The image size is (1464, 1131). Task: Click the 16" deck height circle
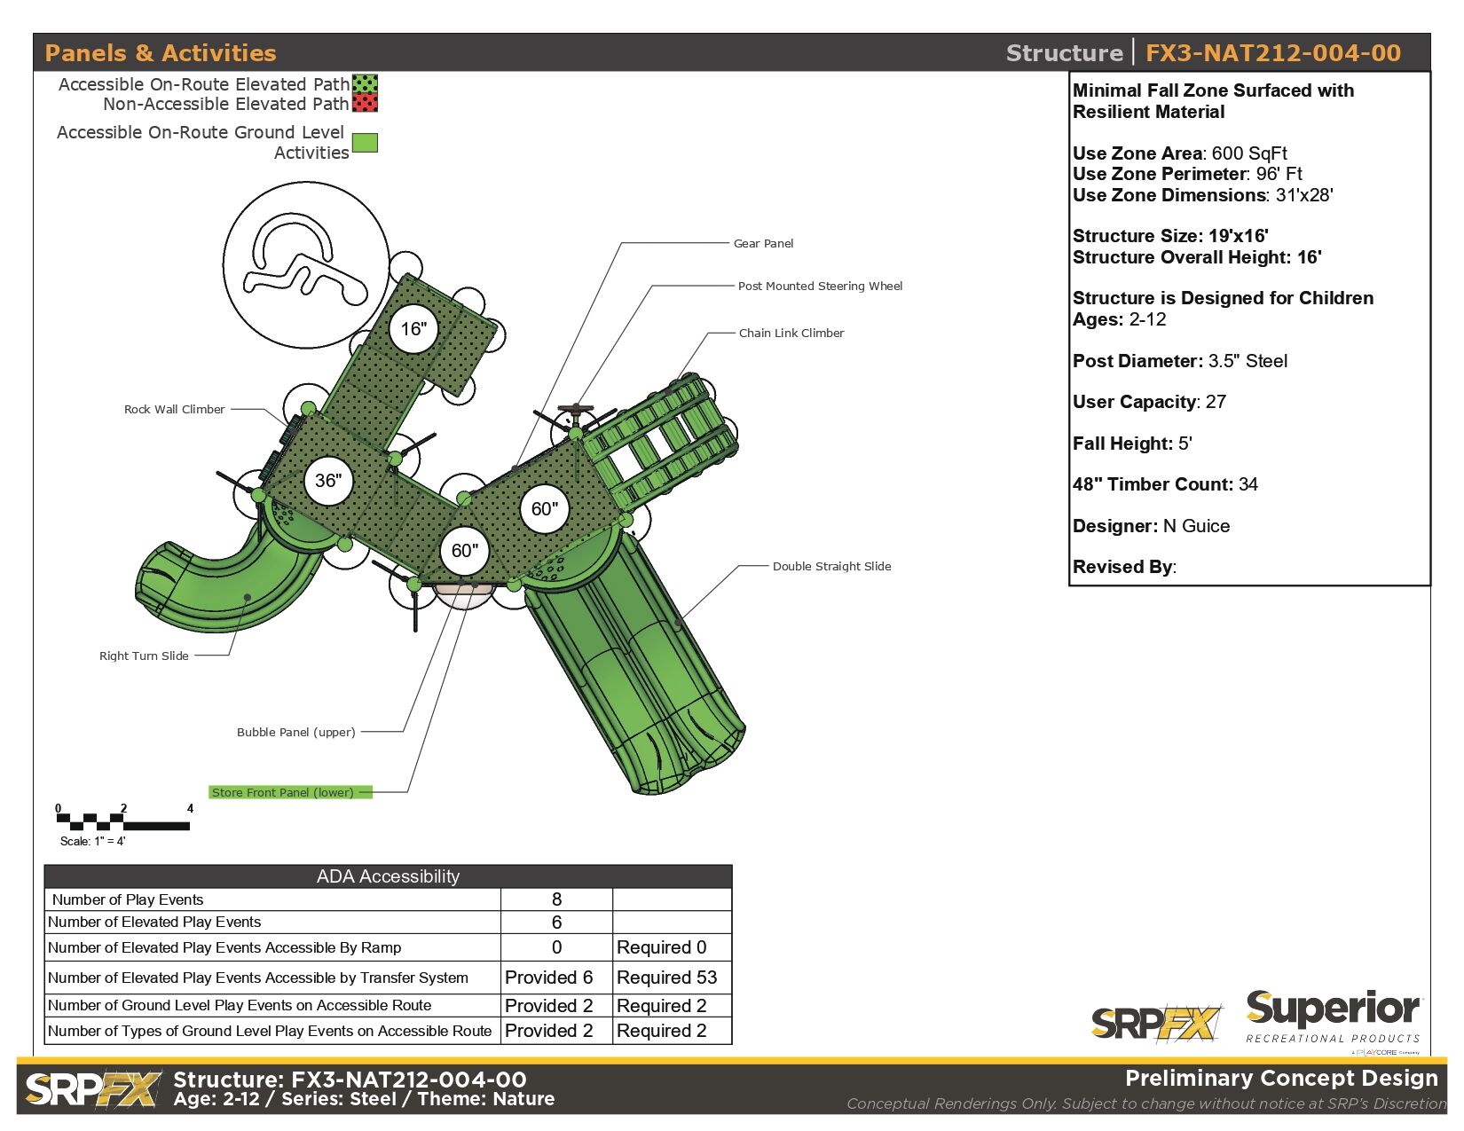pyautogui.click(x=413, y=329)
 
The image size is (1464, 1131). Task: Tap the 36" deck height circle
pyautogui.click(x=328, y=481)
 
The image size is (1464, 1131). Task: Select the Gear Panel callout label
pyautogui.click(x=763, y=243)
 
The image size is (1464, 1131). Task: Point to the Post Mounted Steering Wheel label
pyautogui.click(x=820, y=286)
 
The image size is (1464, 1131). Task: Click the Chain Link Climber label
pyautogui.click(x=791, y=333)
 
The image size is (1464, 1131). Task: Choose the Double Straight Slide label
pyautogui.click(x=831, y=566)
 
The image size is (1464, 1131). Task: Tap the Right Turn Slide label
pyautogui.click(x=144, y=656)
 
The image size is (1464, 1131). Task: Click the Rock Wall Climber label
pyautogui.click(x=174, y=409)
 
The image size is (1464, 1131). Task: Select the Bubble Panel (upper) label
pyautogui.click(x=295, y=732)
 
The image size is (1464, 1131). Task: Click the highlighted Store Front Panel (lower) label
pyautogui.click(x=283, y=792)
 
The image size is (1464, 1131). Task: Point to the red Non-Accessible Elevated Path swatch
pyautogui.click(x=365, y=104)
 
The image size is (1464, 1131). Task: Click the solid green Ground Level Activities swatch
pyautogui.click(x=365, y=143)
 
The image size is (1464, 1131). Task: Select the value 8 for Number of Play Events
pyautogui.click(x=556, y=899)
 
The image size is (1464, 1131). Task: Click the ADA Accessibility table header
pyautogui.click(x=388, y=876)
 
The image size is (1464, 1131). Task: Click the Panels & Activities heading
pyautogui.click(x=161, y=53)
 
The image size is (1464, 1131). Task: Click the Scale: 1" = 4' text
pyautogui.click(x=92, y=841)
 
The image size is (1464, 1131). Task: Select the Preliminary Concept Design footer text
pyautogui.click(x=1280, y=1079)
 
